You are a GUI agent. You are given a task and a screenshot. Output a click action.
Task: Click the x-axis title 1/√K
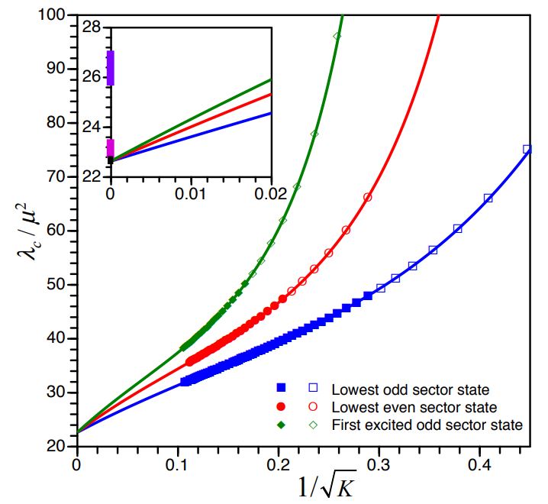321,484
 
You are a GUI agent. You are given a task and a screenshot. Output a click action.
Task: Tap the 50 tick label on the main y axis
60,285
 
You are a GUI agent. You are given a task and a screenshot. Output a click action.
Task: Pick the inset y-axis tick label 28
92,27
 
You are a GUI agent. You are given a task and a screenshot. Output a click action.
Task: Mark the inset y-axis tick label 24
92,127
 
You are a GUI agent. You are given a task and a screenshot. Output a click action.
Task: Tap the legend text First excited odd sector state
427,425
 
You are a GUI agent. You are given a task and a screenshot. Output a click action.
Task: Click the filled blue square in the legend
281,389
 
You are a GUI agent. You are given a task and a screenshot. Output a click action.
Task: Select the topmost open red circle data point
368,197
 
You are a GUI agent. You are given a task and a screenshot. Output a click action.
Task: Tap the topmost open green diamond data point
337,36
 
